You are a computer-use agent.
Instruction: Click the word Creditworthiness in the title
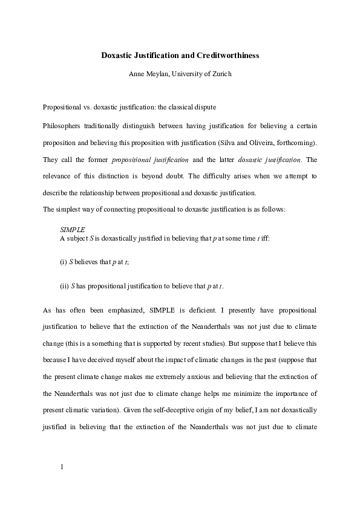228,56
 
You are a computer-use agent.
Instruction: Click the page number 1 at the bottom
62,467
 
